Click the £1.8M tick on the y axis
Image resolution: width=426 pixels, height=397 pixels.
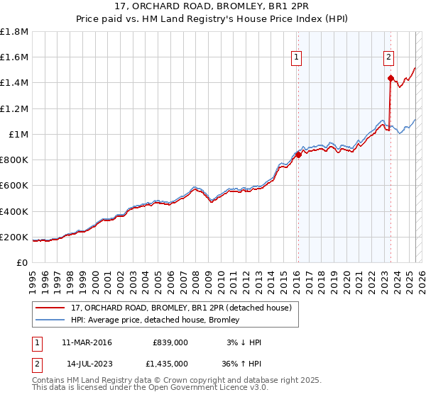[x=14, y=31]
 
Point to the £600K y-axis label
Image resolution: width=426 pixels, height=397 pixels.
[x=14, y=186]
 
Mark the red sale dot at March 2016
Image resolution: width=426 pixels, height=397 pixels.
[x=298, y=155]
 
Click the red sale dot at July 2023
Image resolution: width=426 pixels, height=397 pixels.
[x=390, y=78]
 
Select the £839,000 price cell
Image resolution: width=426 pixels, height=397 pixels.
[x=170, y=342]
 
